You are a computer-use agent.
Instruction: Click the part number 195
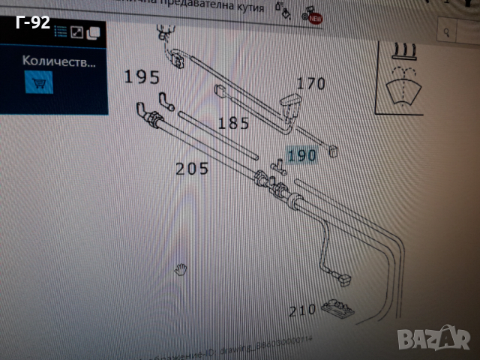coord(142,76)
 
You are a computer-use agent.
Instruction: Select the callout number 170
coord(311,84)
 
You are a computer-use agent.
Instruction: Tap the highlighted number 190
coord(303,156)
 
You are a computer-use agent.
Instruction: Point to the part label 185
coord(233,123)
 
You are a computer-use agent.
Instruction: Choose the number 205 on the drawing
coord(192,169)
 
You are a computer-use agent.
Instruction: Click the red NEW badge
coord(316,17)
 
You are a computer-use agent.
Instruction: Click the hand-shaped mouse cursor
coord(180,269)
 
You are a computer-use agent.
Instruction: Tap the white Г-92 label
coord(32,22)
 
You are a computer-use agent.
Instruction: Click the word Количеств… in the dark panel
coord(58,61)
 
